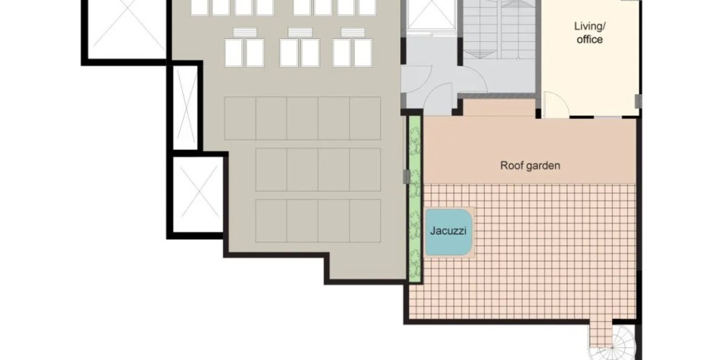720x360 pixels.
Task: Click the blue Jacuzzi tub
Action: click(x=449, y=232)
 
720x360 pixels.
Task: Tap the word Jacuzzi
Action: click(x=448, y=230)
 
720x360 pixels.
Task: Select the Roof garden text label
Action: click(x=530, y=166)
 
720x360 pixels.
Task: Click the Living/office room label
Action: click(x=590, y=32)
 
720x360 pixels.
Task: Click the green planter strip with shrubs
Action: click(x=415, y=199)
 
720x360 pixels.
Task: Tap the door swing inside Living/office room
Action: click(x=556, y=105)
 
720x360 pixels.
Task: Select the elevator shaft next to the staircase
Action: click(x=431, y=15)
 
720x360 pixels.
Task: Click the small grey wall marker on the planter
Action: click(x=406, y=177)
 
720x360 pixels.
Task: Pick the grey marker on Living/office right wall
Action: click(x=638, y=102)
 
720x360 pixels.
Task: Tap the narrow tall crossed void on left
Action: click(x=185, y=107)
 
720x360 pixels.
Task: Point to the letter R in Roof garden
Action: click(x=503, y=166)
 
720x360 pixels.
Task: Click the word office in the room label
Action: click(x=590, y=40)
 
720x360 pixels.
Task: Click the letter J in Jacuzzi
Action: click(x=433, y=230)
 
